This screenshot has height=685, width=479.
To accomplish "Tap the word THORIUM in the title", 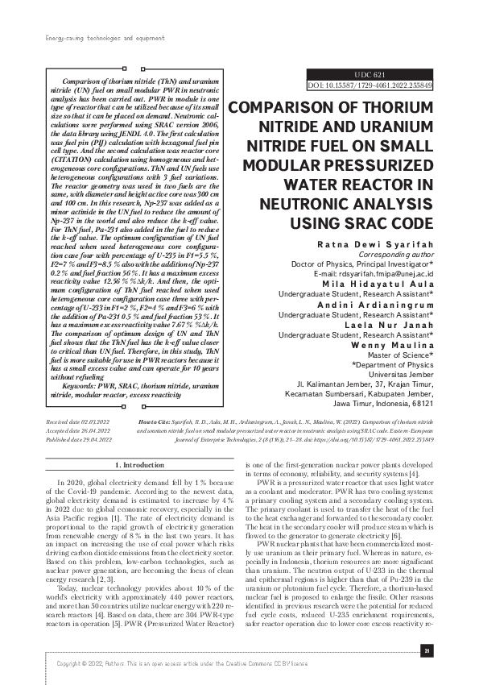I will pyautogui.click(x=404, y=110).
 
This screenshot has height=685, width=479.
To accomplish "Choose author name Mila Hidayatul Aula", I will pyautogui.click(x=385, y=285).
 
